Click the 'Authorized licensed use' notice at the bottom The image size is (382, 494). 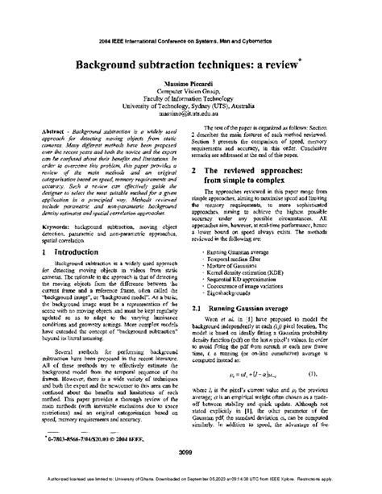[191, 486]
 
